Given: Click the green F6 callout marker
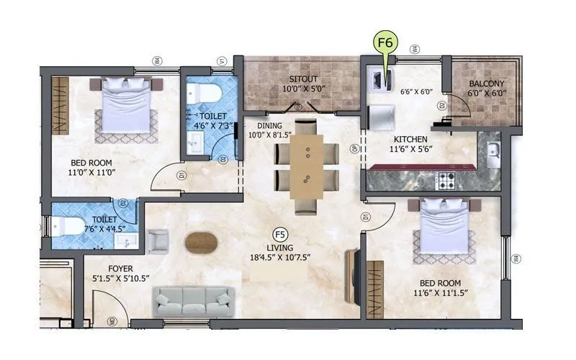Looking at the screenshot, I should coord(385,42).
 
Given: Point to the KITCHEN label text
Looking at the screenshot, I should coord(410,139).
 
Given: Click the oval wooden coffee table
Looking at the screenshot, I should coord(201,243).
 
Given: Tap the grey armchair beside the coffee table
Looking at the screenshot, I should coord(158,240).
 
